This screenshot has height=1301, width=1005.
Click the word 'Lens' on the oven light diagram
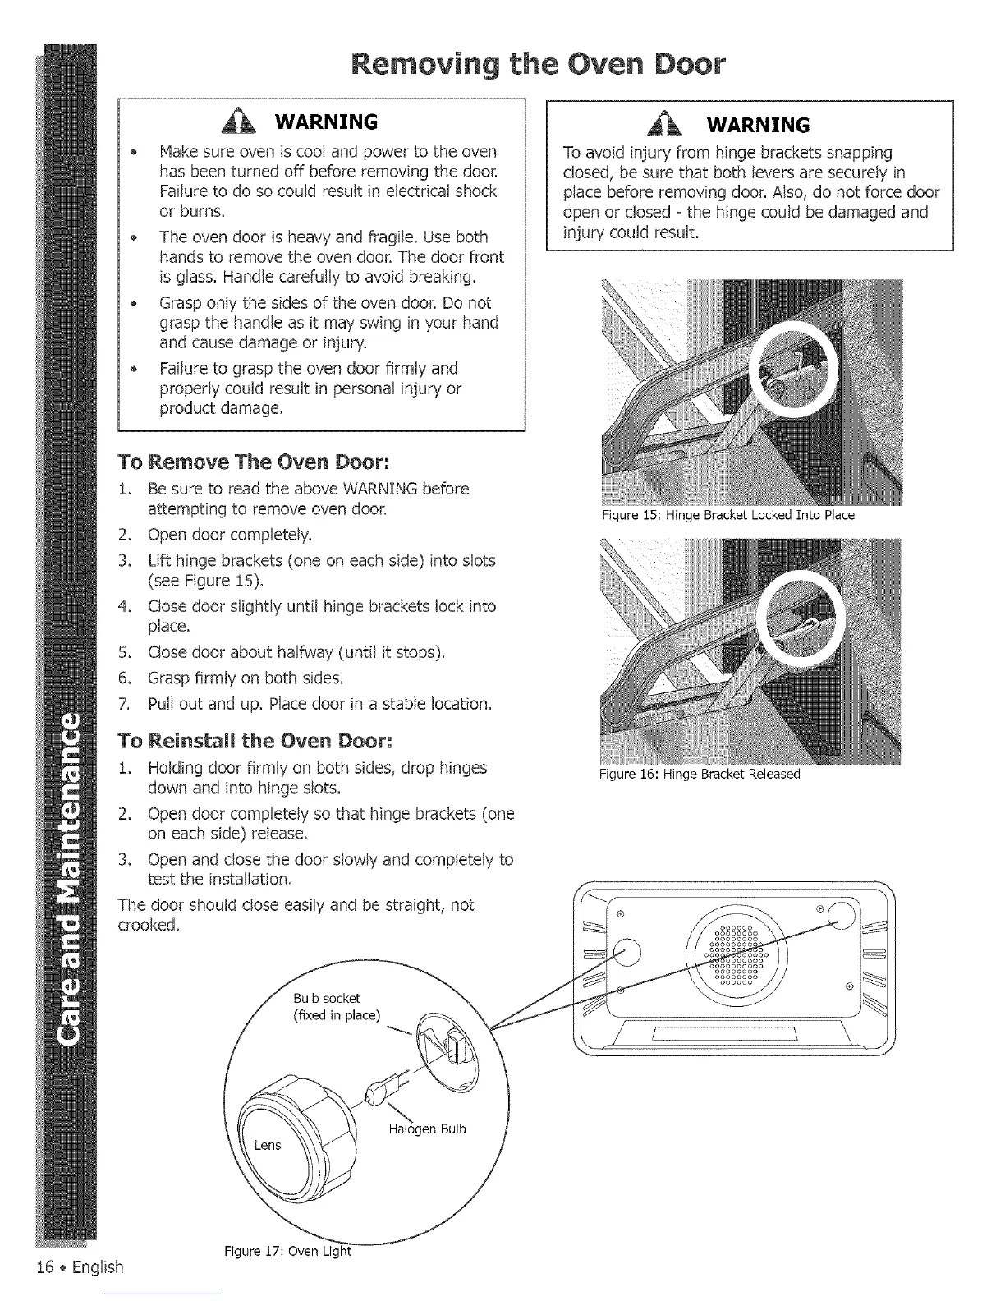268,1144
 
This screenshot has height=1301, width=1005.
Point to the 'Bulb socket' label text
326,998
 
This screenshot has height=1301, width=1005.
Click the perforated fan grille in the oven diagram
738,953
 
